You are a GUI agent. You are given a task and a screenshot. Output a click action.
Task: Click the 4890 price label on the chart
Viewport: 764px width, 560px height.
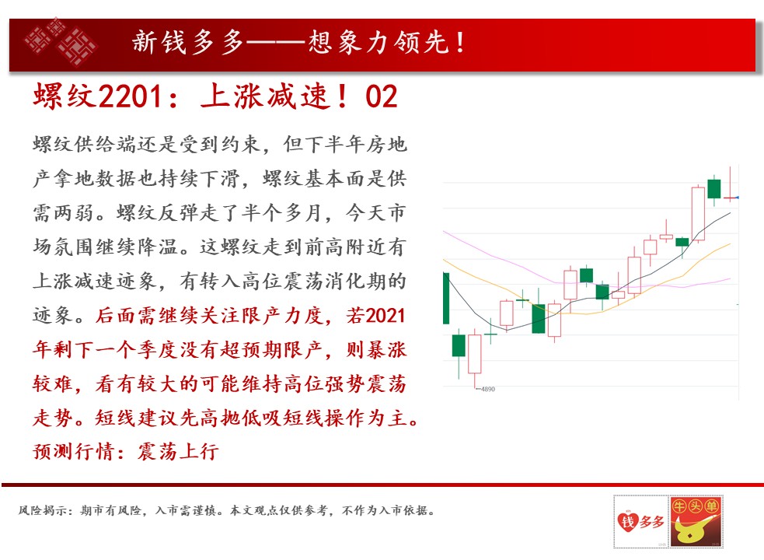point(488,389)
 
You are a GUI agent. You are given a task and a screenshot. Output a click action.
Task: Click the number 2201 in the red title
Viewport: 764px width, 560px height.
point(130,96)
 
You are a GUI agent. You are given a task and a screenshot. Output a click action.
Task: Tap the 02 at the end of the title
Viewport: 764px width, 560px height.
point(381,96)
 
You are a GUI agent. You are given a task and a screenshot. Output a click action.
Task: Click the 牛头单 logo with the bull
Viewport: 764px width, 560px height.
point(696,521)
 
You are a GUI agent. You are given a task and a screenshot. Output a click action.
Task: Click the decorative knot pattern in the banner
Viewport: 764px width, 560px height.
point(61,42)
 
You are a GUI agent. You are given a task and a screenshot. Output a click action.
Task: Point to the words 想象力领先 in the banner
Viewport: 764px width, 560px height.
point(378,42)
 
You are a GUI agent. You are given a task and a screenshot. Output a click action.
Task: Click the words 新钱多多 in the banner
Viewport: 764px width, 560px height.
point(188,42)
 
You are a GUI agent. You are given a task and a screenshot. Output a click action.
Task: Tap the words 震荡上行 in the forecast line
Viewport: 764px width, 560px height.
point(178,451)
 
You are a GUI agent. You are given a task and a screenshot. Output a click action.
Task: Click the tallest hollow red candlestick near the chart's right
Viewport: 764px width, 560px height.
point(698,214)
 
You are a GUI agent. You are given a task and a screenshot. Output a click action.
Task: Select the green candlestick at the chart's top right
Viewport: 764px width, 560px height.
point(713,189)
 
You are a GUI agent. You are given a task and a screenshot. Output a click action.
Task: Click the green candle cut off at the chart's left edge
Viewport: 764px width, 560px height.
point(446,298)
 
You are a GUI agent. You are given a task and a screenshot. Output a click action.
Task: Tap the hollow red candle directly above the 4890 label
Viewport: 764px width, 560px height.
point(475,354)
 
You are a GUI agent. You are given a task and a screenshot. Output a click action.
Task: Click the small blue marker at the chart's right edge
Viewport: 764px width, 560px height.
point(738,198)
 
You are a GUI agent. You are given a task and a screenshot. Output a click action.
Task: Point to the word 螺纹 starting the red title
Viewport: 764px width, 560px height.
point(65,96)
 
